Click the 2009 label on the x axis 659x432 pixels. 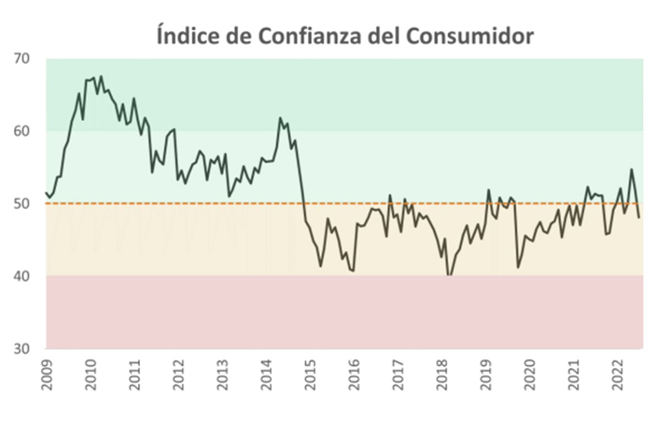click(47, 375)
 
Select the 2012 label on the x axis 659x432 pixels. click(179, 375)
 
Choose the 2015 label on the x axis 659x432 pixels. click(311, 375)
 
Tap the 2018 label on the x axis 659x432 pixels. click(443, 375)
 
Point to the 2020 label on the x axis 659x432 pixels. click(530, 375)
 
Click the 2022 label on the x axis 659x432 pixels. click(618, 375)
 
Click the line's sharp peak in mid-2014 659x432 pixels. click(280, 117)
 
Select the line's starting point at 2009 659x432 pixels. click(46, 193)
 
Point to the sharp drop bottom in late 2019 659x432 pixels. click(518, 267)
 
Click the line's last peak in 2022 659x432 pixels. click(632, 169)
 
